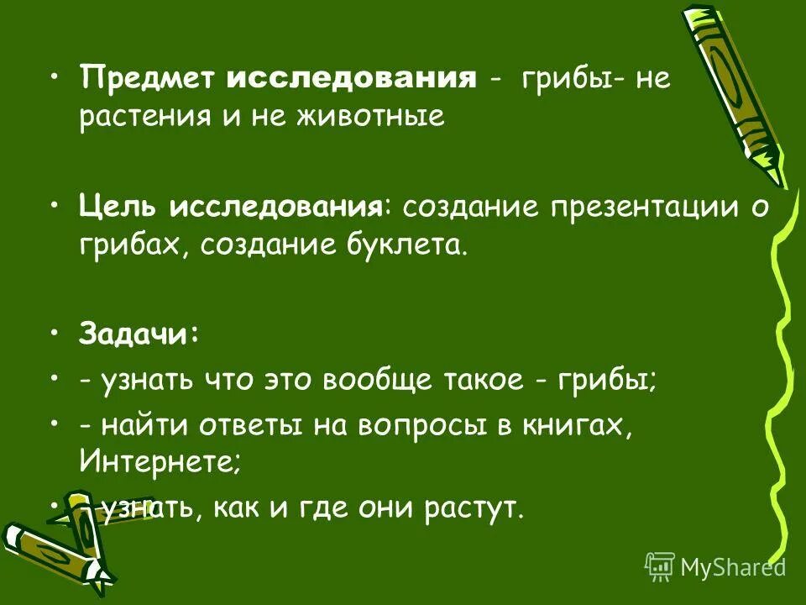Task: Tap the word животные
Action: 375,118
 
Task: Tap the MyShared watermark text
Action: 732,567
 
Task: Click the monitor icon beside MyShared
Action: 660,566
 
